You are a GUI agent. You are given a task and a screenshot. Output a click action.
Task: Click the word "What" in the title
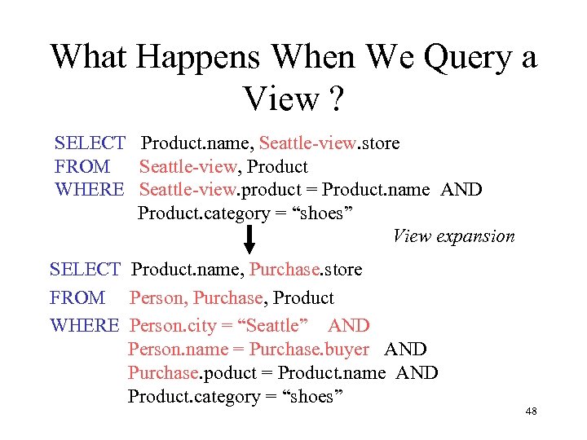coord(89,57)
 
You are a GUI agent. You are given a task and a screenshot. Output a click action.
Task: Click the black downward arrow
coord(249,239)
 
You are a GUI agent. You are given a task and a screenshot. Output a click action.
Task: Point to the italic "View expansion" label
coord(453,236)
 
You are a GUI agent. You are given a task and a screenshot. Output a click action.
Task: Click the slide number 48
coord(531,411)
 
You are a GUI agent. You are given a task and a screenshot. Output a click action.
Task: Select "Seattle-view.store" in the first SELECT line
coord(329,143)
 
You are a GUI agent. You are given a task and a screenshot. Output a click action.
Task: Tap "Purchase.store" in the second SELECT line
coord(306,269)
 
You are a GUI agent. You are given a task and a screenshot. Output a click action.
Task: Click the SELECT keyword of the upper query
coord(89,143)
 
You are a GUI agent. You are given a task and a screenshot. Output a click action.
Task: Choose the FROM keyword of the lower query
coord(77,298)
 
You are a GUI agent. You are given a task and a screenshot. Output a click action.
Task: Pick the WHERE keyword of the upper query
coord(89,190)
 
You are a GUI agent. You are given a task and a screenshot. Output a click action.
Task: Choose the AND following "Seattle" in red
coord(349,326)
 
